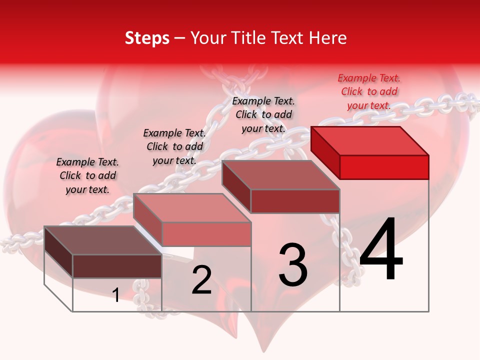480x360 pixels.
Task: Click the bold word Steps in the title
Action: click(147, 38)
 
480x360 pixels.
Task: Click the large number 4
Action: click(381, 249)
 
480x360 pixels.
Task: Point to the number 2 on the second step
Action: click(201, 280)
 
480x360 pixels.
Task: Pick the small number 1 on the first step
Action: click(116, 295)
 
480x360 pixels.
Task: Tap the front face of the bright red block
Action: click(384, 167)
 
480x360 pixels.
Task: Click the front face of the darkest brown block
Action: click(117, 266)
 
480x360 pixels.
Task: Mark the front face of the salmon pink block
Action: click(206, 234)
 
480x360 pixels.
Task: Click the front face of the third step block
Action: click(295, 201)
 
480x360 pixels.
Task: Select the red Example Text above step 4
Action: click(369, 91)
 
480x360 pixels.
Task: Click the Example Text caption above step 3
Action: click(263, 114)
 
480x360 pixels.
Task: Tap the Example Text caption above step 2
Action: click(174, 146)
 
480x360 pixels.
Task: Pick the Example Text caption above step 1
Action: click(87, 175)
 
